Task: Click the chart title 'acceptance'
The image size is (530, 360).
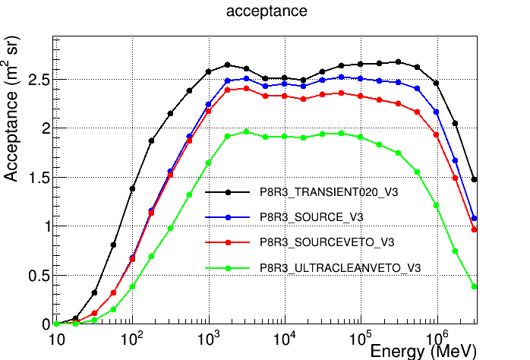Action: click(x=266, y=11)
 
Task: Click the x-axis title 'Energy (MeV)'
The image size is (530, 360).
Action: click(x=423, y=351)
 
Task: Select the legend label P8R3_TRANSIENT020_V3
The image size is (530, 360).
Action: click(x=329, y=193)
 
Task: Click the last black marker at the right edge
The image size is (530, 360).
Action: click(x=475, y=179)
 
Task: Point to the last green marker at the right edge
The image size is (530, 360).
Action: click(x=475, y=286)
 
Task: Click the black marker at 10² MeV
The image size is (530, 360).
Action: click(x=132, y=188)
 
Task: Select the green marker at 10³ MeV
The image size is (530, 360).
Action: click(x=208, y=163)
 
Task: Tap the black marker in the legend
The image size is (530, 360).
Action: click(x=229, y=193)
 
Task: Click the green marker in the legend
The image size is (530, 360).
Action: click(x=229, y=267)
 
